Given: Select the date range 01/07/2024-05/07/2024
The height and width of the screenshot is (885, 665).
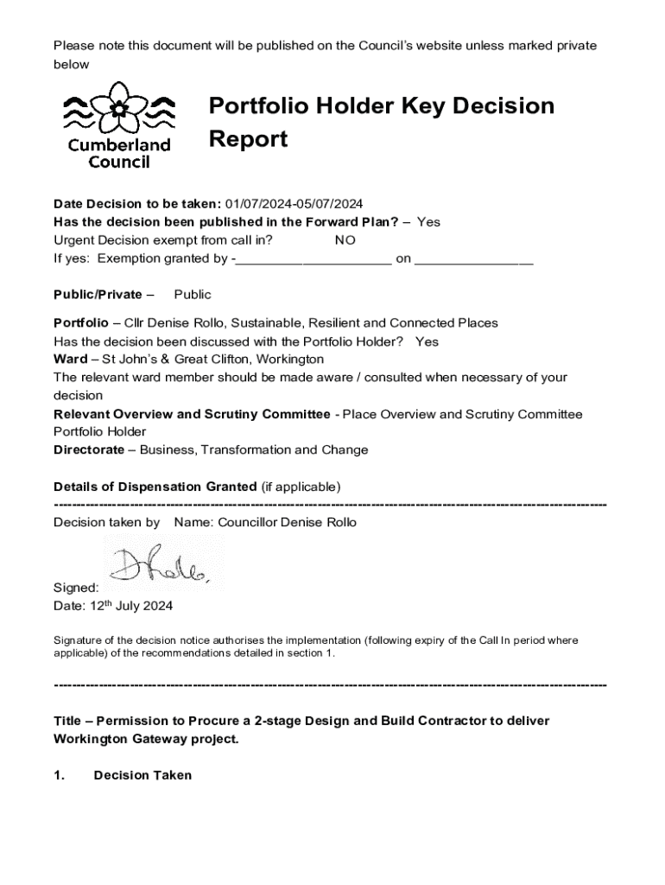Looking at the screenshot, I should click(x=294, y=204).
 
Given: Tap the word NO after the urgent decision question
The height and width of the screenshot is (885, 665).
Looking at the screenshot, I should click(x=345, y=240).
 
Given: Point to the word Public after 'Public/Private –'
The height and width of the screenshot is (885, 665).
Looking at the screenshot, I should click(x=193, y=295).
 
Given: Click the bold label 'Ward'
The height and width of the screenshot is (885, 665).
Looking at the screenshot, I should click(x=69, y=359).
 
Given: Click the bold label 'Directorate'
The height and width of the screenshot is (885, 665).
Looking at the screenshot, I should click(x=88, y=450).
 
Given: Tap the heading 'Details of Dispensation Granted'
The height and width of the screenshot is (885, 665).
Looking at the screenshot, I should click(x=155, y=487).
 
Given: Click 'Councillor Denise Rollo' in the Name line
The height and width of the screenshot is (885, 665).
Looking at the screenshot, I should click(x=287, y=522).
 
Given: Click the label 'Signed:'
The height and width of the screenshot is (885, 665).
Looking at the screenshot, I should click(x=76, y=588).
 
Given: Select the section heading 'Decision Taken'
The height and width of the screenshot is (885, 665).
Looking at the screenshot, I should click(x=142, y=775).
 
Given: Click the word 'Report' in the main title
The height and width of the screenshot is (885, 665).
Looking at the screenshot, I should click(x=248, y=140).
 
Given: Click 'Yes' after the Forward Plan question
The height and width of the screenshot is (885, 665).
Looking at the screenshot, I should click(x=428, y=222).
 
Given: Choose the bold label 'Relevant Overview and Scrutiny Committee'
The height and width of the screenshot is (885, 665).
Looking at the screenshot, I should click(x=192, y=414).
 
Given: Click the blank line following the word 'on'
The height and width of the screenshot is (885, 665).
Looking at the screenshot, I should click(x=473, y=259).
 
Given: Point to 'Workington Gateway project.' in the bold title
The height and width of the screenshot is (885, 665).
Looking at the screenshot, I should click(x=146, y=739).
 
